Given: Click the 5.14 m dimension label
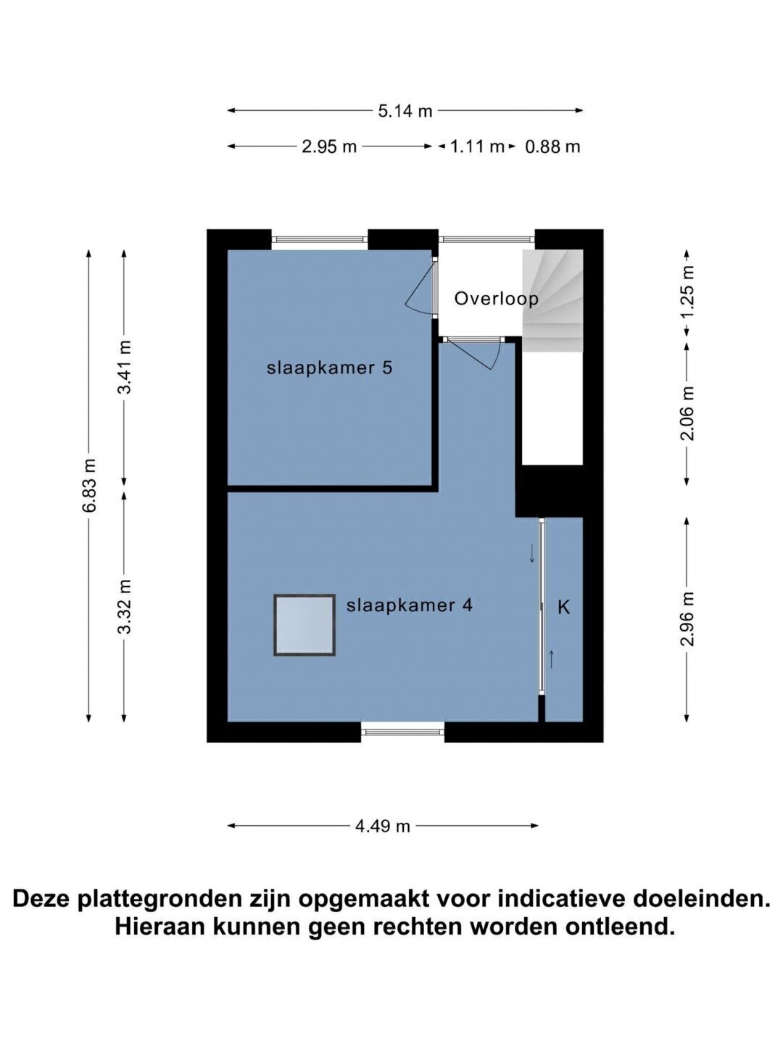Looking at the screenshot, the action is [x=405, y=112].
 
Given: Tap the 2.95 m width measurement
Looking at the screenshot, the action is [x=329, y=147].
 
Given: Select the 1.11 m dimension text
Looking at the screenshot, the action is [x=477, y=147].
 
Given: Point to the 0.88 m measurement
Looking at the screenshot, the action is [x=552, y=147].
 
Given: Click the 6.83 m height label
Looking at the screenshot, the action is [x=89, y=485].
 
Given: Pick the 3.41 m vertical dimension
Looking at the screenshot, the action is [x=125, y=367].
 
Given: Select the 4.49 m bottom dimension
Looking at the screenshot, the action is [x=383, y=826].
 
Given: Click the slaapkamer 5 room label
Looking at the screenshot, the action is [x=329, y=368].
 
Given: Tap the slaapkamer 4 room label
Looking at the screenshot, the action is [x=410, y=606].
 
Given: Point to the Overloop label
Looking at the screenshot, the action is [x=497, y=299].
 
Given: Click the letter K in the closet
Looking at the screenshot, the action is [x=563, y=608].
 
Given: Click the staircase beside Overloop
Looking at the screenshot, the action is [x=552, y=301].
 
